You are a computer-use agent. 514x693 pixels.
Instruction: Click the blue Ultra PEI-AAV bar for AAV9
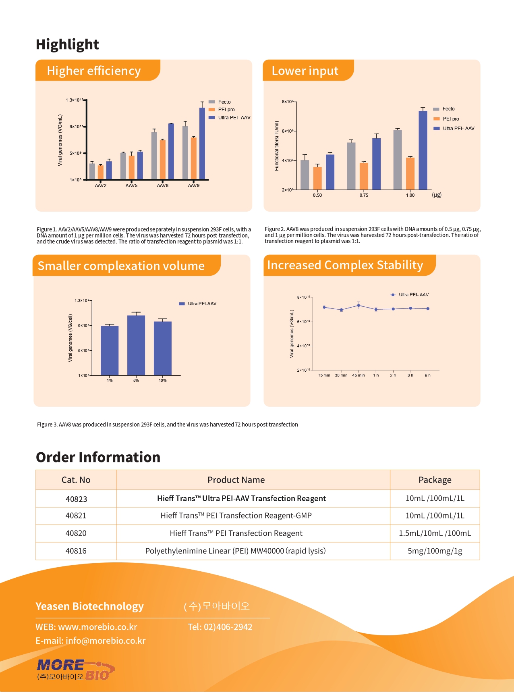[x=202, y=143]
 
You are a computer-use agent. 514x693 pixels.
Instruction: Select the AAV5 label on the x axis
[x=131, y=185]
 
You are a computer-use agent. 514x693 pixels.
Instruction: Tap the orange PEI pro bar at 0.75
[x=364, y=176]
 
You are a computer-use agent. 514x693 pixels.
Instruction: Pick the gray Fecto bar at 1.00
[x=398, y=160]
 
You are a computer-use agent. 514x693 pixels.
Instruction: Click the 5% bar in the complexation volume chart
[x=136, y=345]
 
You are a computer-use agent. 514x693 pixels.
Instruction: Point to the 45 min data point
[x=359, y=306]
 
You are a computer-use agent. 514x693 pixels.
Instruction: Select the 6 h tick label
[x=427, y=375]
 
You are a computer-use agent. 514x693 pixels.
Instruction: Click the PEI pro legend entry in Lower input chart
[x=450, y=119]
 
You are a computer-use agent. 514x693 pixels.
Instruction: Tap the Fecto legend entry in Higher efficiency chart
[x=224, y=102]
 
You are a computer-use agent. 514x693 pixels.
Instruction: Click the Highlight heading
[x=67, y=44]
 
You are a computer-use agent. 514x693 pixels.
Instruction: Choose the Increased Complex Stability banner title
[x=345, y=265]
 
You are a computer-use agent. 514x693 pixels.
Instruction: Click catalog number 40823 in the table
[x=76, y=499]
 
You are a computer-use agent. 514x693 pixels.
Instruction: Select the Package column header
[x=435, y=480]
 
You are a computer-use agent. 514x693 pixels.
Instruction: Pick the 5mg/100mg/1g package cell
[x=435, y=551]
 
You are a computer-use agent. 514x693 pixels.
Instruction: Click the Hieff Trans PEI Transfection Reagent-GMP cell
[x=236, y=516]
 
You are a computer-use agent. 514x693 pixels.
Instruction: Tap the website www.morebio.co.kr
[x=97, y=627]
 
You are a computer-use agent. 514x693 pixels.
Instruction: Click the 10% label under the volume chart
[x=163, y=381]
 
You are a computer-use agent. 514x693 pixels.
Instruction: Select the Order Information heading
[x=98, y=458]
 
